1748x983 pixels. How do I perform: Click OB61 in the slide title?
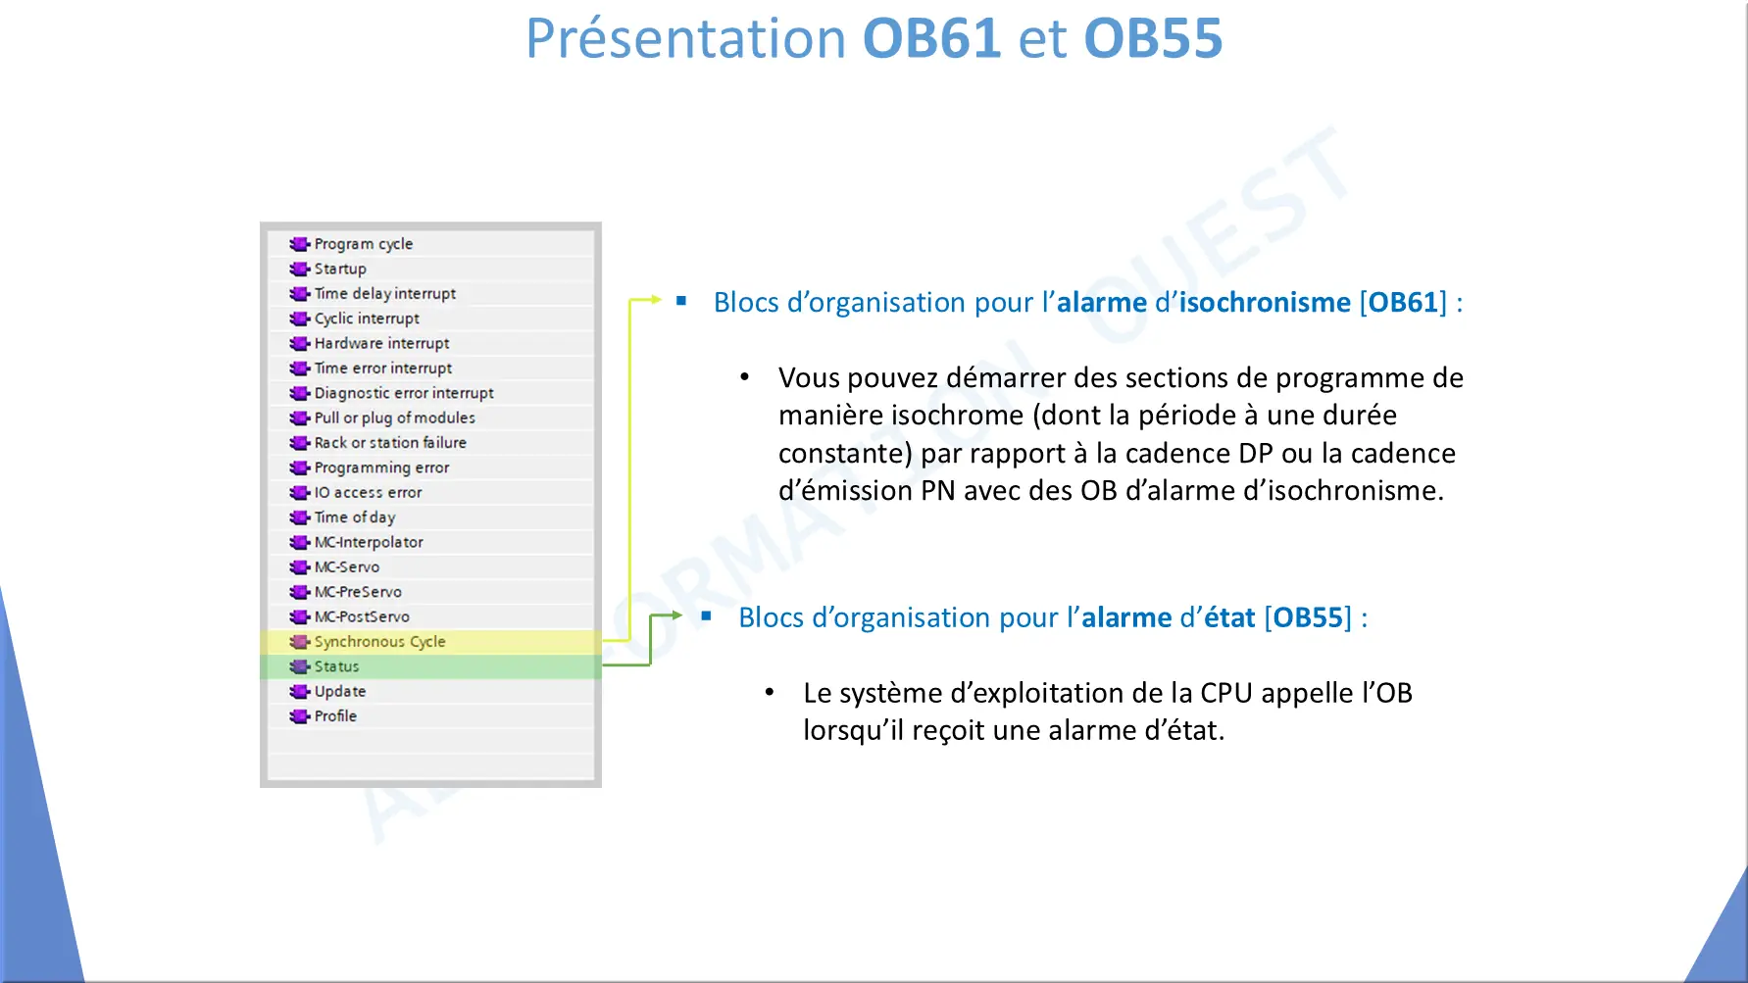tap(931, 38)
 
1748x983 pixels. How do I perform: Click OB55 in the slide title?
tap(1153, 38)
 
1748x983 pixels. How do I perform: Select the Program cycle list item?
tap(363, 244)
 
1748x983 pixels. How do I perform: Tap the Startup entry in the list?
tap(340, 269)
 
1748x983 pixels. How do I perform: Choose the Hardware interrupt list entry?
tap(381, 343)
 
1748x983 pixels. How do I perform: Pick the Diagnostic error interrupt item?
tap(404, 393)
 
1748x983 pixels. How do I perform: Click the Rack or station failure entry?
tap(390, 443)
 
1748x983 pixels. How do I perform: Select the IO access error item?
tap(368, 492)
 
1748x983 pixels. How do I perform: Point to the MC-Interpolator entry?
tap(369, 542)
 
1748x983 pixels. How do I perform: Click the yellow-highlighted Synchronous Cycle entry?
tap(379, 642)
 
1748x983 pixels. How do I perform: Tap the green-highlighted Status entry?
tap(336, 666)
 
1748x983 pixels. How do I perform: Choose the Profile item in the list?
tap(335, 716)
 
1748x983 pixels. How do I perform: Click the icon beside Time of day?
tap(299, 517)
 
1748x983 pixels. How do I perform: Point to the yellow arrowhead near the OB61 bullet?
tap(656, 300)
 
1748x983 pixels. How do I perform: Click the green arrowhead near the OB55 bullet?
tap(676, 615)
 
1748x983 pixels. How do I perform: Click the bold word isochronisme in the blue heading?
tap(1265, 302)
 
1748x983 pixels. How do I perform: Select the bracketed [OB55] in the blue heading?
tap(1308, 617)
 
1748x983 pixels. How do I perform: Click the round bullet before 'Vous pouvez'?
tap(745, 376)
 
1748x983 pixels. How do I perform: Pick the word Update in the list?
tap(339, 692)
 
